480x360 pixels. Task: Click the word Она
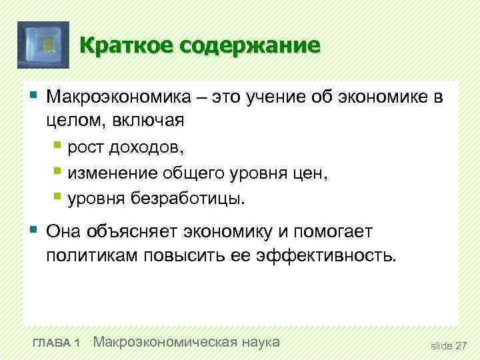(x=65, y=231)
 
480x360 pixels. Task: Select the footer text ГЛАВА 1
(x=56, y=343)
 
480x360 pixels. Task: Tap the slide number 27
(x=461, y=345)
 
